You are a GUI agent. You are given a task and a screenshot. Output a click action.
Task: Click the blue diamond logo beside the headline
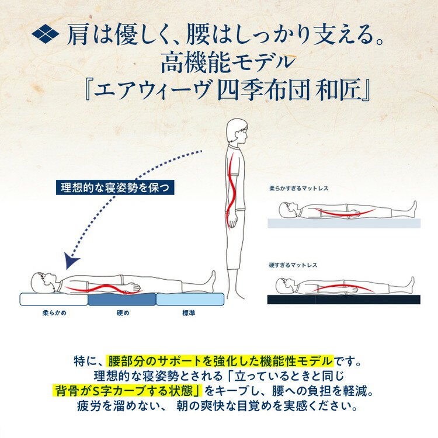pyautogui.click(x=45, y=34)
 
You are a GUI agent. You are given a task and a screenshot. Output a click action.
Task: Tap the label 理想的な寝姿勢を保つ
pyautogui.click(x=115, y=187)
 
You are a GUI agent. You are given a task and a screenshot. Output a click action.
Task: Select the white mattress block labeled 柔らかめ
pyautogui.click(x=54, y=299)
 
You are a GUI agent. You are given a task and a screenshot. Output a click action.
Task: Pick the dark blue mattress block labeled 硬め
pyautogui.click(x=122, y=299)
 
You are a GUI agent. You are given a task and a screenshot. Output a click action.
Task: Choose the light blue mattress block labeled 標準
pyautogui.click(x=190, y=299)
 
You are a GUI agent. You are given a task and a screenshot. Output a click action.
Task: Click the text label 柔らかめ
pyautogui.click(x=54, y=313)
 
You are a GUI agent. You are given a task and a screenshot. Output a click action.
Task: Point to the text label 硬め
pyautogui.click(x=123, y=313)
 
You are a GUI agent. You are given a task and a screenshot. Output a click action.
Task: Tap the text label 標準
pyautogui.click(x=189, y=313)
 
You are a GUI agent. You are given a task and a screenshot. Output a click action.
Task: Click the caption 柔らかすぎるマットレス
pyautogui.click(x=298, y=189)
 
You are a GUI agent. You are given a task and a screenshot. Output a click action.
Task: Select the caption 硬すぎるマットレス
pyautogui.click(x=293, y=265)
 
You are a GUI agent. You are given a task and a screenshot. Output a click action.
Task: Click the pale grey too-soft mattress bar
pyautogui.click(x=344, y=223)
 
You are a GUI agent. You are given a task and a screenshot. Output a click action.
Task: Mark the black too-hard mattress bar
pyautogui.click(x=344, y=300)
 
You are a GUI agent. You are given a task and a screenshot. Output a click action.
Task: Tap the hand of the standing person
pyautogui.click(x=232, y=221)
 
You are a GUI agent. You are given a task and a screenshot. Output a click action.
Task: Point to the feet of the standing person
pyautogui.click(x=235, y=293)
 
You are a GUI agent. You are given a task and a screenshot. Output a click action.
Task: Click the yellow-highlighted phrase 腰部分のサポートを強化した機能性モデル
pyautogui.click(x=220, y=361)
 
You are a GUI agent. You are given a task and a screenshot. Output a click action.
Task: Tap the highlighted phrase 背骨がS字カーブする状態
pyautogui.click(x=127, y=391)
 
